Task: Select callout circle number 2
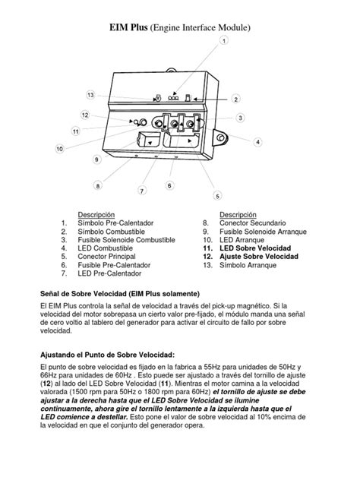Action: pos(236,99)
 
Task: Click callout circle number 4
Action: pos(257,142)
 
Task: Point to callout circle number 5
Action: pos(217,195)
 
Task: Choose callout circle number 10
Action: pos(59,149)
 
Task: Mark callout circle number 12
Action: pos(86,115)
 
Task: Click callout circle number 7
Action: pos(142,191)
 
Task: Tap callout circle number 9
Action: pos(97,160)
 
